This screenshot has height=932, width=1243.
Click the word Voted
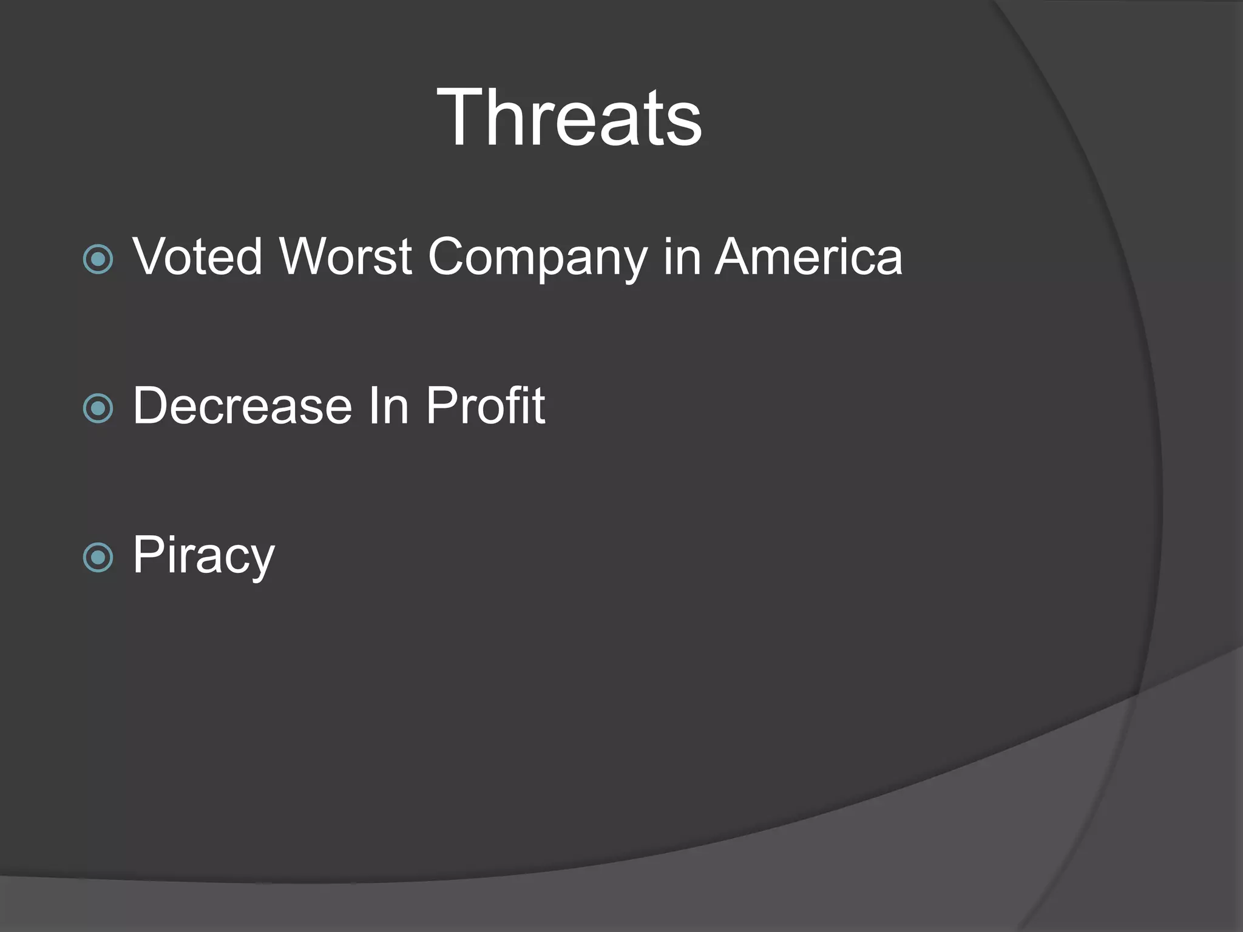coord(197,256)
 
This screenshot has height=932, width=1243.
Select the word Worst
coord(345,256)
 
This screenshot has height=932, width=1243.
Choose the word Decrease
coord(242,405)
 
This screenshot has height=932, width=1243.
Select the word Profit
coord(485,405)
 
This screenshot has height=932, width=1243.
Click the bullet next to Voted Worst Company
coord(98,260)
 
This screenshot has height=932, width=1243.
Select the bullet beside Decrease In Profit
coord(98,408)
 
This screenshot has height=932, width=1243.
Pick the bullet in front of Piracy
coord(98,558)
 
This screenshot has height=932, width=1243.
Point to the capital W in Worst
coord(309,256)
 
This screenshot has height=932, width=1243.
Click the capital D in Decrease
coord(151,405)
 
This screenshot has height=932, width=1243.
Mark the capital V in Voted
coord(151,256)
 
